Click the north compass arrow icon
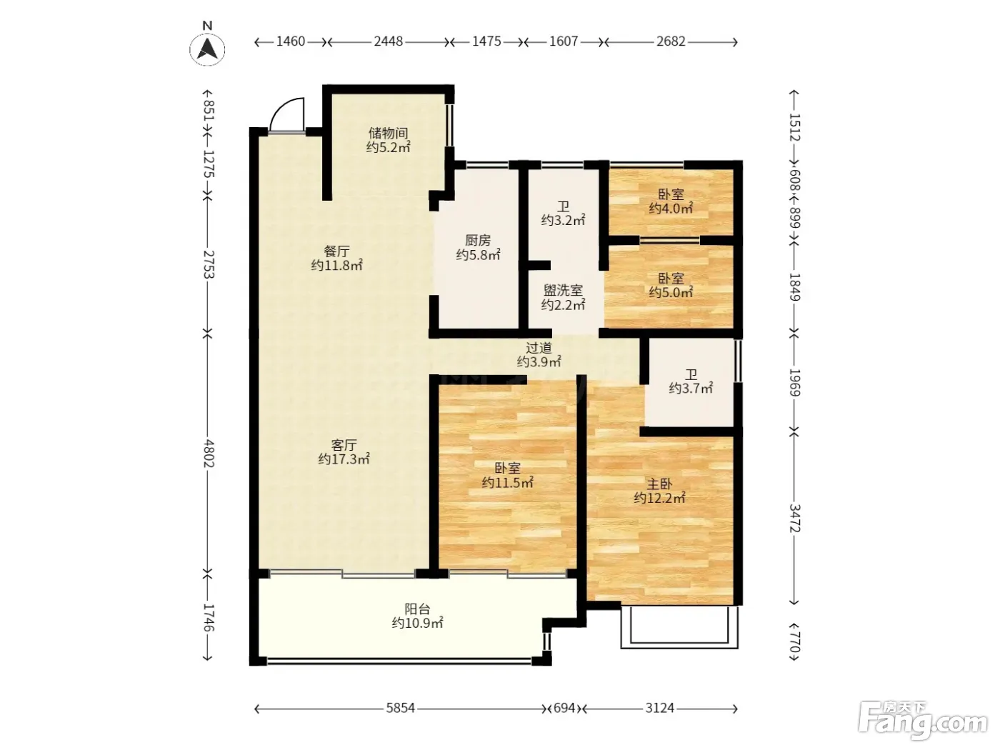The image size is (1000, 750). pos(207,49)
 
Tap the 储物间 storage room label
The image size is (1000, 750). pos(388,133)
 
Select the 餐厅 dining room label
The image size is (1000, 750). pos(336,251)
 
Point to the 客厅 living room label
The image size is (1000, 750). pos(344,444)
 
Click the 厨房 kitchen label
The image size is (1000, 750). pos(478,240)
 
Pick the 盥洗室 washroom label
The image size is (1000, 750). pos(563,289)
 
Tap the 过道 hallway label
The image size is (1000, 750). pos(539,348)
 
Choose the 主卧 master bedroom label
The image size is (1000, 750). pos(659,484)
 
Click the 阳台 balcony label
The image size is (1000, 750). pos(417,609)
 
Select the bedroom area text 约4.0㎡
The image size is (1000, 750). pos(671,209)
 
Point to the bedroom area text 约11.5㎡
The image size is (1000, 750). pos(508,482)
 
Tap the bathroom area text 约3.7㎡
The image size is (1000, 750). pos(691,389)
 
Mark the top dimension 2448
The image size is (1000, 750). pos(388,41)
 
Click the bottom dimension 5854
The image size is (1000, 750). pos(401,708)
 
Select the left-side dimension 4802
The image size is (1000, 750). pos(208,453)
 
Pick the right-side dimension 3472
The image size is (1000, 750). pos(794,519)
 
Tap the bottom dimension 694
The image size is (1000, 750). pos(564,708)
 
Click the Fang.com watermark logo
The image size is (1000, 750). pos(923,720)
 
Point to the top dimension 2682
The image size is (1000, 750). pos(671,41)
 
